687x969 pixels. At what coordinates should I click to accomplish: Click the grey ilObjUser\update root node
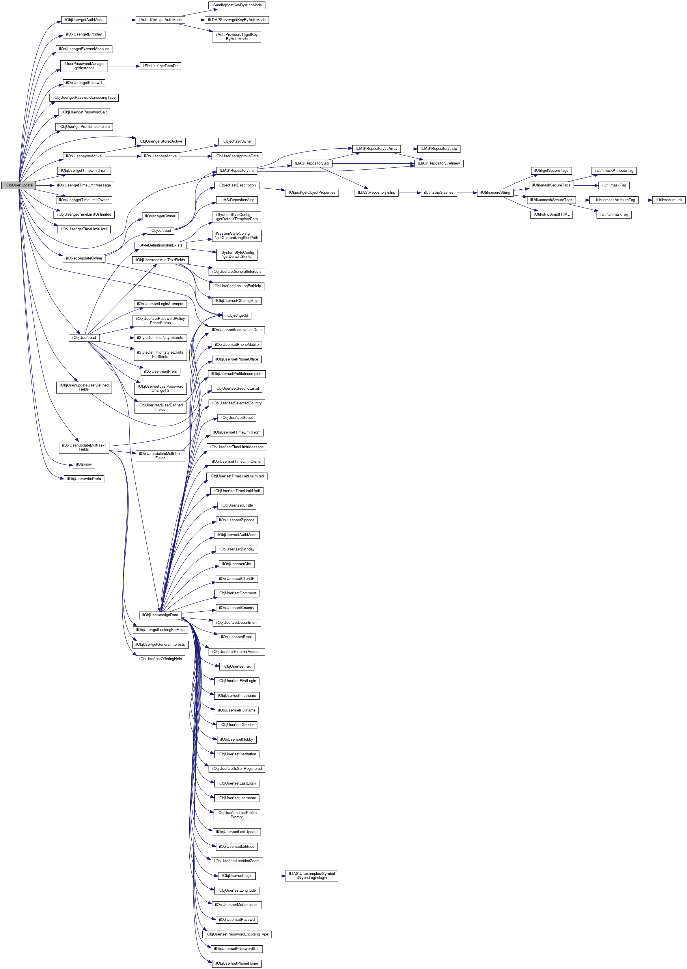pos(18,185)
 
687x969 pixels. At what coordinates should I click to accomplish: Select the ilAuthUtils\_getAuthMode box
pos(160,20)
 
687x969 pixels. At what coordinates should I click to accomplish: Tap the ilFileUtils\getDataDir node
pos(160,66)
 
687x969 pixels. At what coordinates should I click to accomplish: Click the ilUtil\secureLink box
pos(669,200)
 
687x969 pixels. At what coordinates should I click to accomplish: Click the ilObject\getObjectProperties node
pos(312,193)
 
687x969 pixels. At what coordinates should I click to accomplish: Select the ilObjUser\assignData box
pos(160,615)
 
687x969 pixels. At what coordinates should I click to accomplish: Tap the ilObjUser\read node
pos(84,337)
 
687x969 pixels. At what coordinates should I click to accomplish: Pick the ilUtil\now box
pos(84,464)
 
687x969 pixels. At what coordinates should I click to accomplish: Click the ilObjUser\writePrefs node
pos(84,479)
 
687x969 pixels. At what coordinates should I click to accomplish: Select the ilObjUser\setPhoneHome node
pos(236,964)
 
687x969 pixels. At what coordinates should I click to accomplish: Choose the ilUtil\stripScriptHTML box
pos(551,214)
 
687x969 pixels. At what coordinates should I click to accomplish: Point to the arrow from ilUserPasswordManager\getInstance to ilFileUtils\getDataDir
pos(124,66)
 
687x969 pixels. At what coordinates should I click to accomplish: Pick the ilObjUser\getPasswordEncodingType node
pos(84,98)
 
